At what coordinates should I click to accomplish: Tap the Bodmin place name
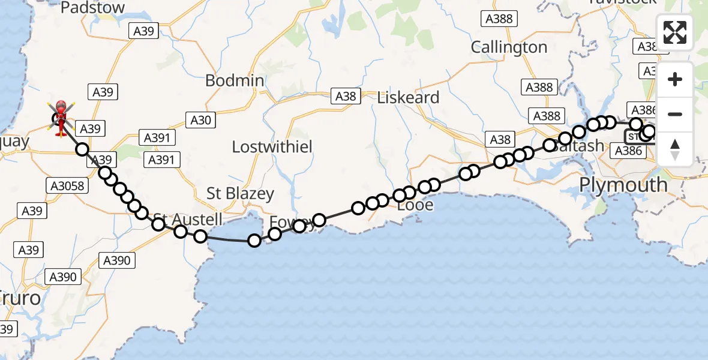[x=235, y=80]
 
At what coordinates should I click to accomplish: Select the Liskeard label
[x=408, y=97]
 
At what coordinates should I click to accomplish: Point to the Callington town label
[x=509, y=47]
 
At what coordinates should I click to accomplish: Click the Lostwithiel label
[x=272, y=146]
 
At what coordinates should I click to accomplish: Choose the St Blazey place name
[x=240, y=194]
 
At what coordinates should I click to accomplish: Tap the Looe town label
[x=415, y=205]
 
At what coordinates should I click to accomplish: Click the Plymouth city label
[x=623, y=185]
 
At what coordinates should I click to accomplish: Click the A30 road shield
[x=200, y=120]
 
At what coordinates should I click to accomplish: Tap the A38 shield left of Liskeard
[x=346, y=96]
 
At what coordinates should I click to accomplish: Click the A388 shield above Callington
[x=499, y=19]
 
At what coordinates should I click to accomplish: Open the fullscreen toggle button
[x=675, y=32]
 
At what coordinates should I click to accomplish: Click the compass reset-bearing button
[x=675, y=149]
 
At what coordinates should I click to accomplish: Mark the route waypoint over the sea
[x=254, y=241]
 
